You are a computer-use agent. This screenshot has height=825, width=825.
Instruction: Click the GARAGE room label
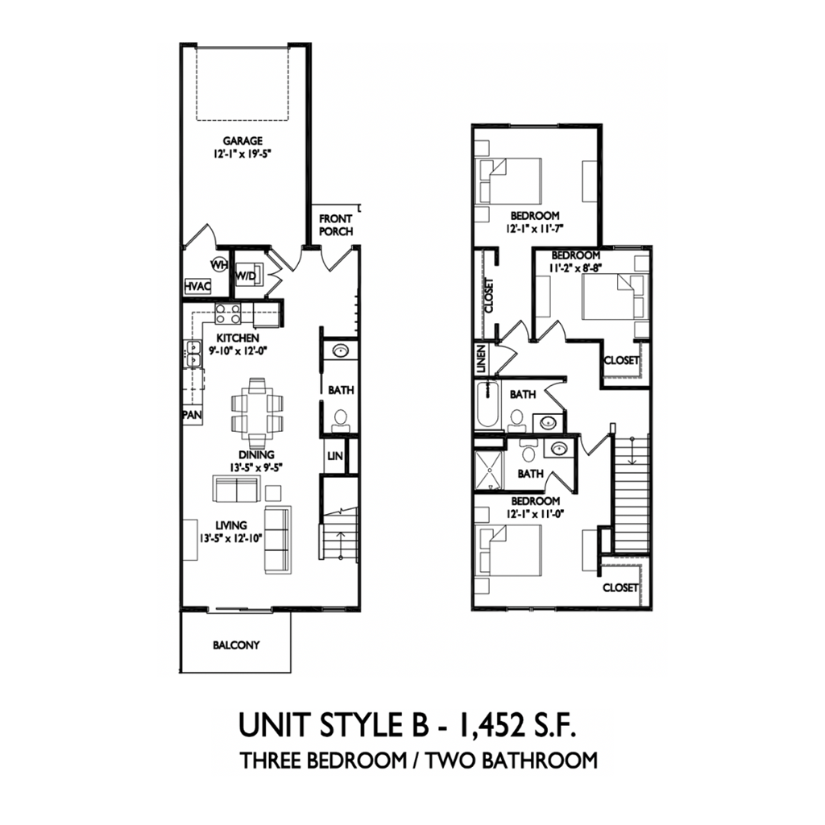tap(243, 142)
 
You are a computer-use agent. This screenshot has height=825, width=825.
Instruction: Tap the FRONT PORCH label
tap(336, 225)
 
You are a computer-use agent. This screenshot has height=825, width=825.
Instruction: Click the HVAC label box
tap(197, 286)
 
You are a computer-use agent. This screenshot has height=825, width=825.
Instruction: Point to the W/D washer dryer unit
tap(246, 274)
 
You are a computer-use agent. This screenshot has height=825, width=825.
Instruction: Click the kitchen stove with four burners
tap(226, 313)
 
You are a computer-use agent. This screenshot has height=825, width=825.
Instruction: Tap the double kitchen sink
tap(193, 354)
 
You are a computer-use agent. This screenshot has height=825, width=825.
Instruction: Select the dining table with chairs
tap(257, 411)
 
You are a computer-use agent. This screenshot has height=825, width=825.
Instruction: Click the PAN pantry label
tap(192, 415)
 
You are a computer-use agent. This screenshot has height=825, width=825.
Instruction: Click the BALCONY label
tap(236, 645)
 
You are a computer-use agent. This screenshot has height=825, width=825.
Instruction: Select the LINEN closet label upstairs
tap(481, 357)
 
